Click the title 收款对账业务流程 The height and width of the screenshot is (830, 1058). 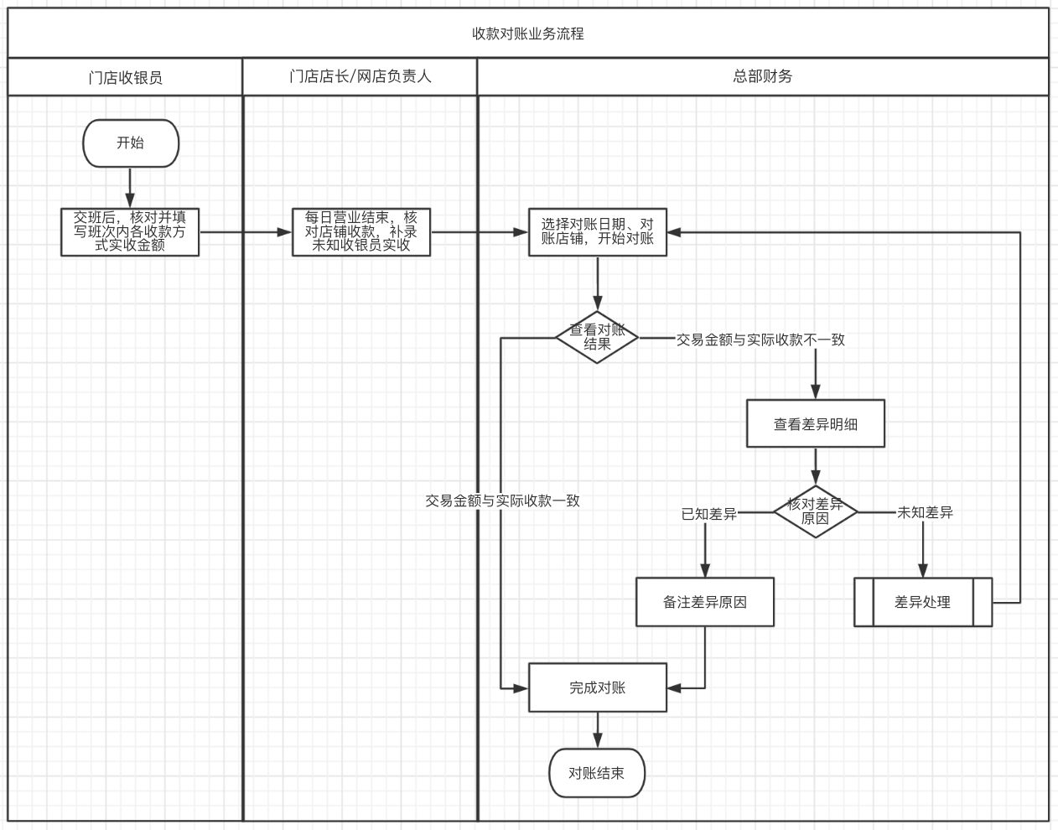(x=528, y=34)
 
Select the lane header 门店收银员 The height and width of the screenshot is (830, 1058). (x=125, y=77)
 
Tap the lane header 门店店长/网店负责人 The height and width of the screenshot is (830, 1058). (x=360, y=76)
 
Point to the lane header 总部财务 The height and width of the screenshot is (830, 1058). (x=762, y=76)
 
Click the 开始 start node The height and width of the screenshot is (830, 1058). (x=131, y=143)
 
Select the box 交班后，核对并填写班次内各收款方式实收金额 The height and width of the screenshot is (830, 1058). (x=130, y=232)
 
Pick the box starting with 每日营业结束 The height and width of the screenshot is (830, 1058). (x=361, y=232)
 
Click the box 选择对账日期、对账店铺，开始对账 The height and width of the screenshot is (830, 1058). (x=598, y=232)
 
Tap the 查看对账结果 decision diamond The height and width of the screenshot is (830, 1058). (x=597, y=338)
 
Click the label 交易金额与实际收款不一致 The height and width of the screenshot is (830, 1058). (x=760, y=340)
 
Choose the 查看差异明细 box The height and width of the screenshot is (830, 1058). (x=815, y=424)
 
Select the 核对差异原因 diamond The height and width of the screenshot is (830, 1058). (x=815, y=511)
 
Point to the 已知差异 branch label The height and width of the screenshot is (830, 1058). (x=709, y=514)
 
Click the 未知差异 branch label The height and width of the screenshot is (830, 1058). (x=925, y=512)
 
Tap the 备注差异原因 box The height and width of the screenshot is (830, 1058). (x=705, y=602)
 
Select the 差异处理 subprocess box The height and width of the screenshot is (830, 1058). (x=923, y=602)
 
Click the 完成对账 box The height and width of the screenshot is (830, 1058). (x=598, y=687)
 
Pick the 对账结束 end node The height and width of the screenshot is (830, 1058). (x=597, y=773)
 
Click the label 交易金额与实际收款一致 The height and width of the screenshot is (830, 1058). (x=502, y=501)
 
